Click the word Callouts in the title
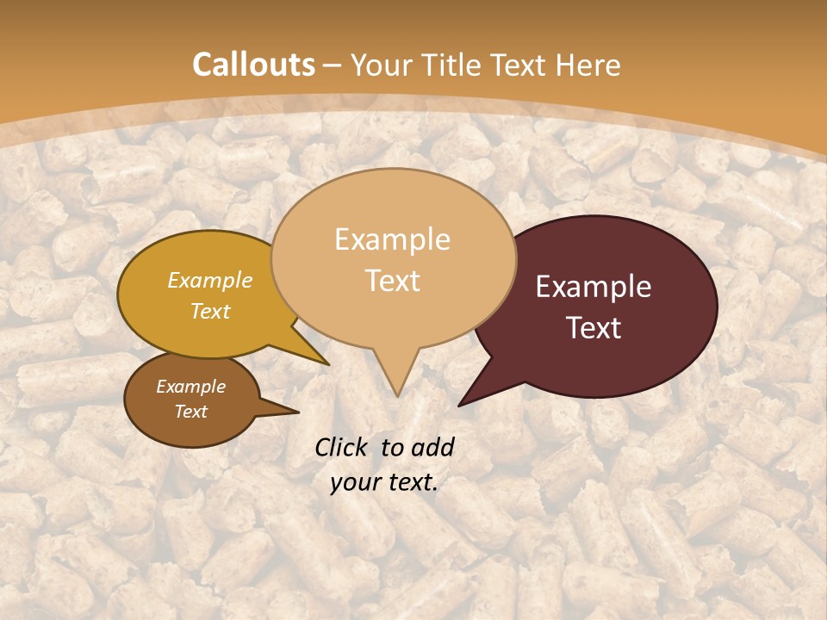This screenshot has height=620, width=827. pyautogui.click(x=253, y=65)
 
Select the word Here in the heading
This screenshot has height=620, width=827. pyautogui.click(x=588, y=65)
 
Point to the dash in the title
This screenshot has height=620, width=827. pyautogui.click(x=333, y=65)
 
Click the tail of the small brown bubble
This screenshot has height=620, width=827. pyautogui.click(x=284, y=412)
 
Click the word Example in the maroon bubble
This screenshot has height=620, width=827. pyautogui.click(x=594, y=287)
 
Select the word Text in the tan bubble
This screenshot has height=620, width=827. pyautogui.click(x=393, y=281)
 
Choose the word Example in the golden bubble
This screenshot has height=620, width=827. pyautogui.click(x=210, y=281)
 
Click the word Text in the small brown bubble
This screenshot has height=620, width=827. pyautogui.click(x=191, y=412)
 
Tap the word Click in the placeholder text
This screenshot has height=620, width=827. pyautogui.click(x=343, y=447)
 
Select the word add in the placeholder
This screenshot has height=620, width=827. pyautogui.click(x=432, y=447)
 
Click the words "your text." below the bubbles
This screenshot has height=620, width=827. pyautogui.click(x=384, y=482)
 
